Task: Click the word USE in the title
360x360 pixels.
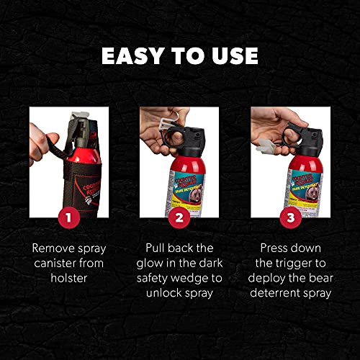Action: pos(233,55)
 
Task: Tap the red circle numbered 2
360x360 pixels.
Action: pos(179,217)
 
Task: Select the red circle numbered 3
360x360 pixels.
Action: pos(289,217)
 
